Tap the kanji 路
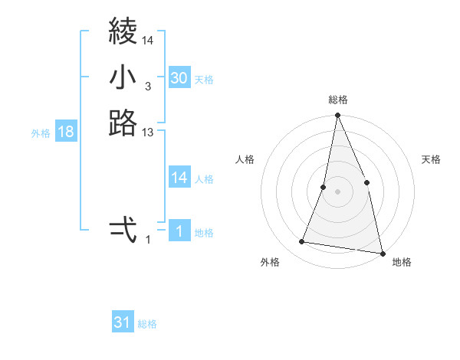(123, 123)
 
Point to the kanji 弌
(123, 229)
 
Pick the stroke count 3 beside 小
(147, 87)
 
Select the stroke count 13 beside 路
(148, 133)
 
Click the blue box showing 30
(179, 78)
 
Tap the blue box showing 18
(66, 132)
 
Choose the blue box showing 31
(123, 322)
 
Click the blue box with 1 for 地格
(179, 232)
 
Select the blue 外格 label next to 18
(41, 133)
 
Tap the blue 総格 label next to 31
(147, 324)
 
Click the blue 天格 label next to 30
(204, 80)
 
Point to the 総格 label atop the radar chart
(337, 100)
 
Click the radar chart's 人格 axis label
(245, 159)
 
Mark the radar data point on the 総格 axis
(337, 116)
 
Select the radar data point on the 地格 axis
(382, 252)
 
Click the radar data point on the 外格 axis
(302, 242)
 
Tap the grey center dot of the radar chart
(337, 191)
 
